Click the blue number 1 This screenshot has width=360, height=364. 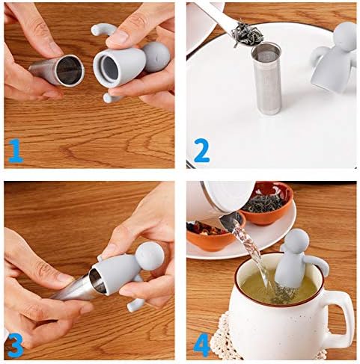click(x=15, y=151)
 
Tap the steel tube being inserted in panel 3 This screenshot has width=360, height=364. click(x=75, y=287)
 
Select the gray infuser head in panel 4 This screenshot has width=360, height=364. click(x=297, y=243)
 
